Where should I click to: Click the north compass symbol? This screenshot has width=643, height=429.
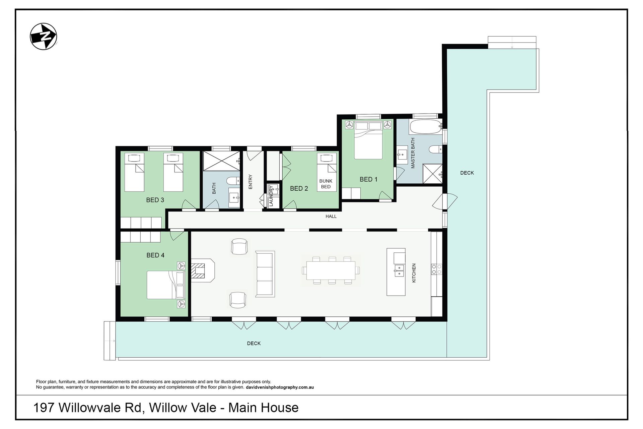coord(44,37)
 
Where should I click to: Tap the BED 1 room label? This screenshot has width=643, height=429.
coord(368,179)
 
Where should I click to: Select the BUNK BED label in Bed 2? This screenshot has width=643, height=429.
coord(326,184)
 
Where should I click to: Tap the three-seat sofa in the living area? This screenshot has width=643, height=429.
coord(265,274)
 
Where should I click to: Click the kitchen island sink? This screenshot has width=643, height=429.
coord(399,270)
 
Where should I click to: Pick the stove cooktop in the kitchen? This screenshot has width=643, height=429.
coord(436,269)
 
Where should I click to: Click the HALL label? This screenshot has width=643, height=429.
coord(331,217)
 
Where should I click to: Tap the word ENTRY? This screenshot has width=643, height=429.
coord(250,182)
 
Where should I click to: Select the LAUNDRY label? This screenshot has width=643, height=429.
coord(271,196)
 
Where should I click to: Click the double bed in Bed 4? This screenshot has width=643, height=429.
coord(166,285)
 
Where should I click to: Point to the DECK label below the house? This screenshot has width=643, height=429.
coord(254,343)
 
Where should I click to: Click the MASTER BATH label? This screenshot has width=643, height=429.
coord(413,153)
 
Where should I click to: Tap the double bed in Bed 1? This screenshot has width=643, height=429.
coord(368,140)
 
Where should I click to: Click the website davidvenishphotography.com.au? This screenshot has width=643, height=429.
coord(280,387)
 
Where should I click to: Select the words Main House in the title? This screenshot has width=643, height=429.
coord(263,408)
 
